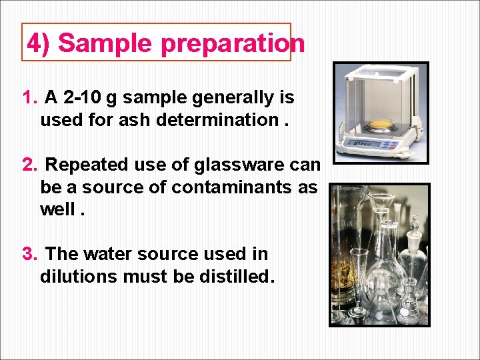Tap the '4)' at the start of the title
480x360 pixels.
(39, 43)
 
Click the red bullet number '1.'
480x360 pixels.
(30, 98)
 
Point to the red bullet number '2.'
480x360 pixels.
(30, 164)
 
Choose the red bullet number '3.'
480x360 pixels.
(30, 254)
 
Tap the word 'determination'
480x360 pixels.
(230, 121)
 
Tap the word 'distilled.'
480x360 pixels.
(236, 277)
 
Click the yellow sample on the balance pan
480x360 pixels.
(381, 123)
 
